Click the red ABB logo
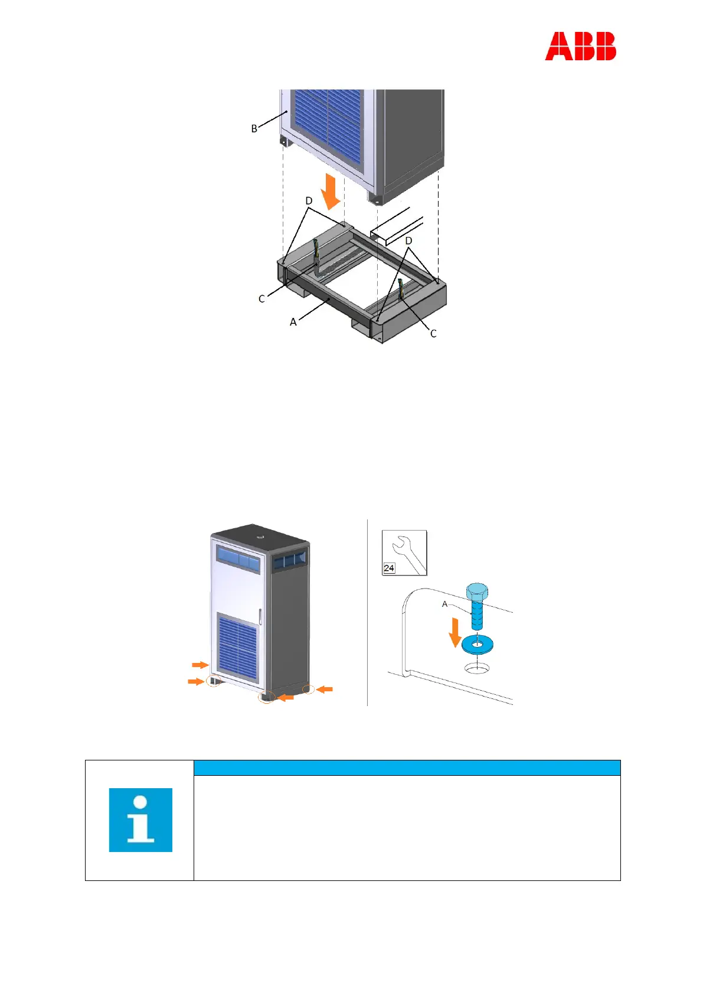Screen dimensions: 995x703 tap(580, 47)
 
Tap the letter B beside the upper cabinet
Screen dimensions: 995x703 tap(254, 129)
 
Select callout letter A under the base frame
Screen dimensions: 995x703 tap(293, 322)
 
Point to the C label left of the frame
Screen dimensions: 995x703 tap(261, 299)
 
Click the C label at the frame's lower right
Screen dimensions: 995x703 tap(433, 334)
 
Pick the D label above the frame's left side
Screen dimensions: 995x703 tap(309, 201)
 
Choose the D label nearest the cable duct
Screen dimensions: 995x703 tap(408, 241)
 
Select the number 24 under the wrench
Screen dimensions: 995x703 tap(389, 568)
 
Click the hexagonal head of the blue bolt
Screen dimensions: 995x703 tap(477, 591)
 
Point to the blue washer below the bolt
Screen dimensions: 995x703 tap(477, 645)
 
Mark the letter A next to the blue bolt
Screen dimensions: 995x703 tap(445, 604)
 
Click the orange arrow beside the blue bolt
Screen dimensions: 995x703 tap(455, 632)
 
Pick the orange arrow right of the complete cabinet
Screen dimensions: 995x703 tap(325, 689)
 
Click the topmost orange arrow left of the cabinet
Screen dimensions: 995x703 tap(201, 665)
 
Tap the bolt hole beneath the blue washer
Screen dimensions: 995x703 tap(477, 668)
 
